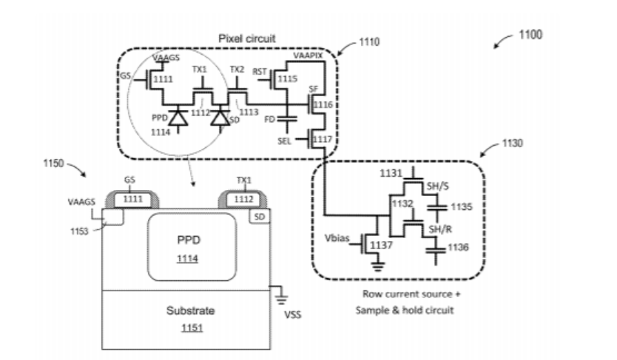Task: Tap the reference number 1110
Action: tap(368, 43)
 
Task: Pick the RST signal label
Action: tap(259, 72)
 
